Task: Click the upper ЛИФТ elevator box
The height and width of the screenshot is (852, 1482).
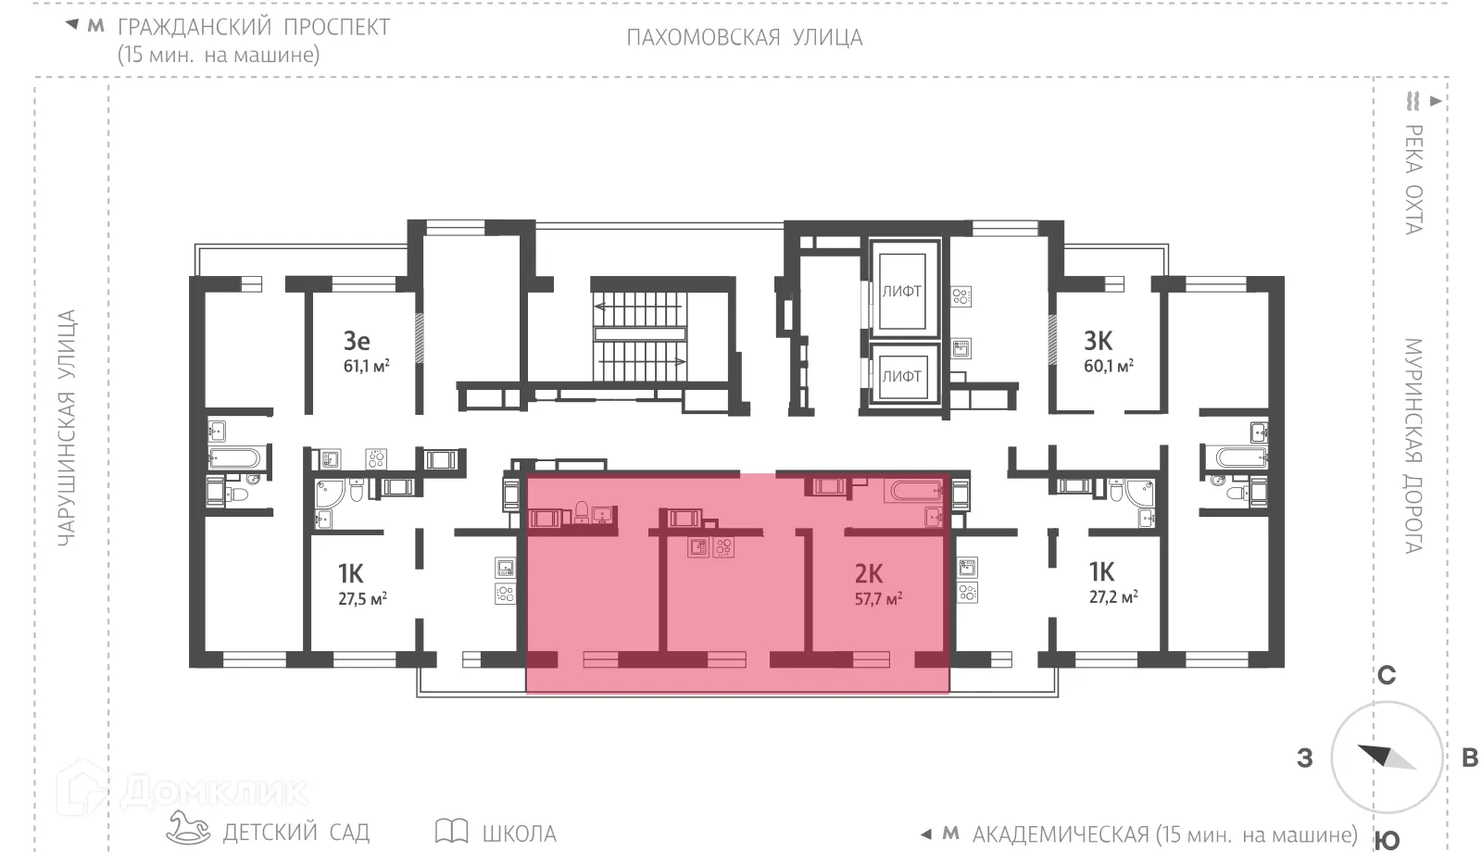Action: pyautogui.click(x=901, y=291)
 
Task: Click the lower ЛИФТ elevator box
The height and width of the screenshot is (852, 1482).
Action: pyautogui.click(x=901, y=376)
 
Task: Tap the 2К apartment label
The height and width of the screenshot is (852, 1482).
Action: pyautogui.click(x=869, y=574)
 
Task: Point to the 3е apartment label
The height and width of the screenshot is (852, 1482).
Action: pyautogui.click(x=357, y=341)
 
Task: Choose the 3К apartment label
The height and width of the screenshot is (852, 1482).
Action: pyautogui.click(x=1099, y=341)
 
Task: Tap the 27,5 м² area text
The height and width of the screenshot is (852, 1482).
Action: pyautogui.click(x=362, y=598)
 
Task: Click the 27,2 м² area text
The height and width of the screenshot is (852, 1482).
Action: pyautogui.click(x=1112, y=597)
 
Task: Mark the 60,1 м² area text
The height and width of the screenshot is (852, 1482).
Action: pyautogui.click(x=1108, y=366)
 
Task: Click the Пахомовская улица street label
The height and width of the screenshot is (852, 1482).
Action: pyautogui.click(x=744, y=38)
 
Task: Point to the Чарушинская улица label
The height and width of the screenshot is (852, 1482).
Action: pyautogui.click(x=67, y=428)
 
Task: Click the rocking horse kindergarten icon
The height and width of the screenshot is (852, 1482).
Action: pyautogui.click(x=189, y=828)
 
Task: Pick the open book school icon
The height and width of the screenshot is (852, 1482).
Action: pyautogui.click(x=451, y=830)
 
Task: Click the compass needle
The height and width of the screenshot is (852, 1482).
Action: pyautogui.click(x=1387, y=757)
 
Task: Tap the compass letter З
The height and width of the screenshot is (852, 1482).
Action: pyautogui.click(x=1305, y=758)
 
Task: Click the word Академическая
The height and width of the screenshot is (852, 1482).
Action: pyautogui.click(x=1061, y=834)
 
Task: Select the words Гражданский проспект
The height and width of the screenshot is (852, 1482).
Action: pyautogui.click(x=254, y=27)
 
